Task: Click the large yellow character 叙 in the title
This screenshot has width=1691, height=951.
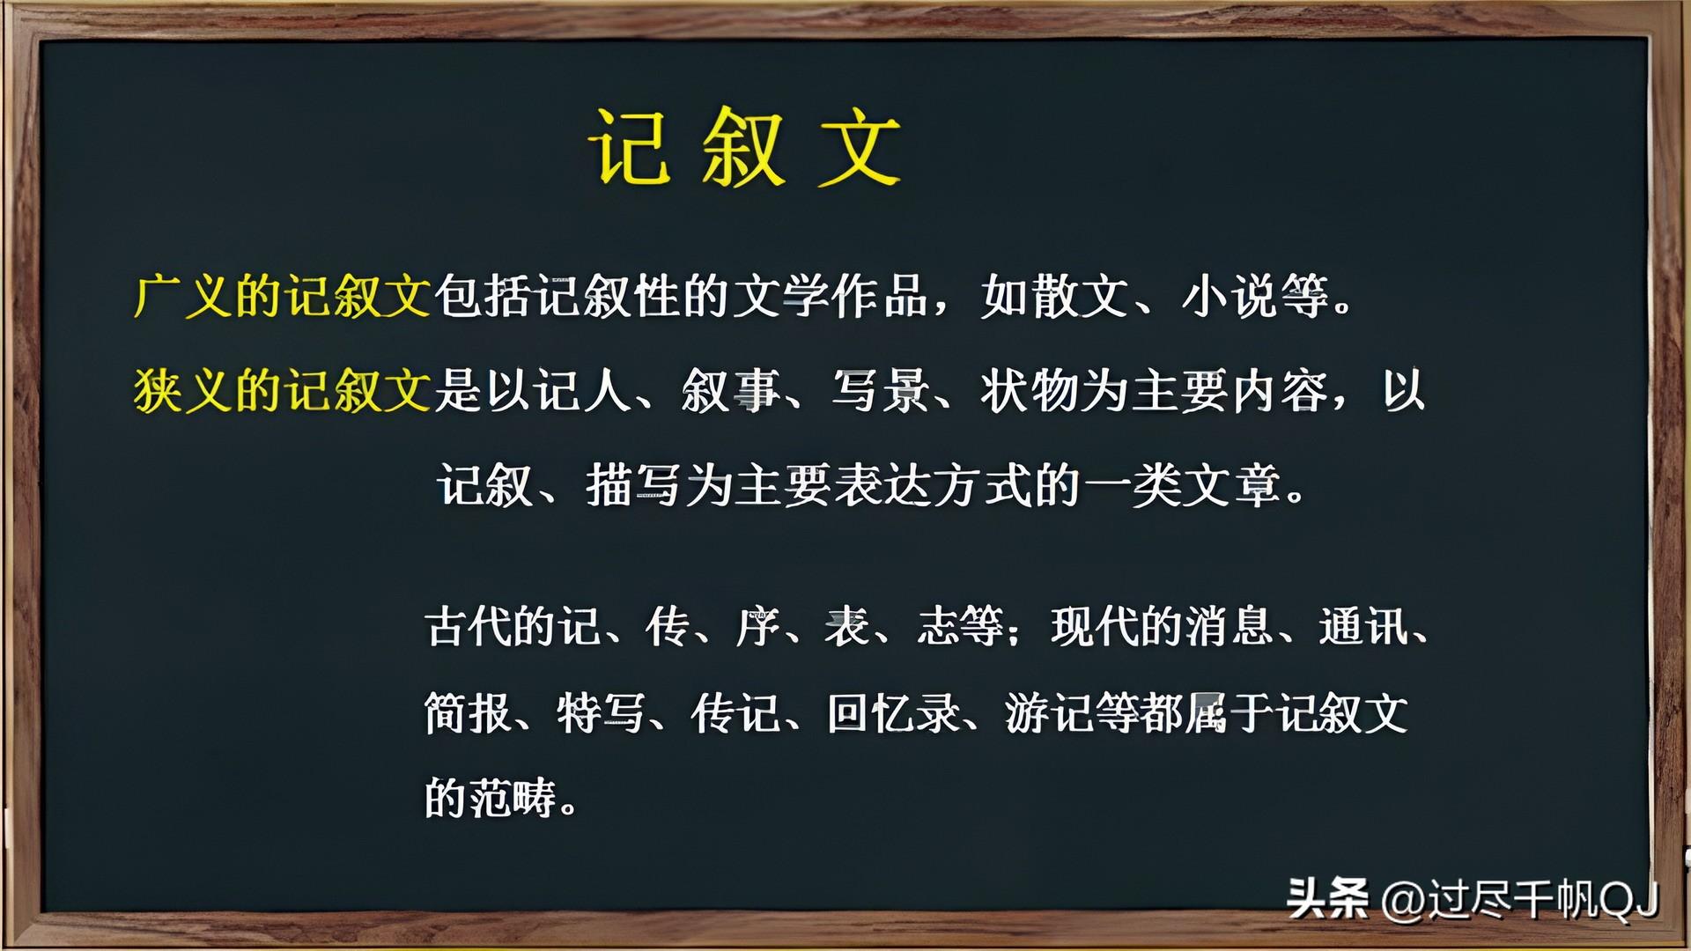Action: click(x=742, y=147)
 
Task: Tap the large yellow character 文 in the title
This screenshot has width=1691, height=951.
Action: click(x=859, y=147)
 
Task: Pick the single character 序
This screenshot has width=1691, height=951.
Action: click(x=757, y=627)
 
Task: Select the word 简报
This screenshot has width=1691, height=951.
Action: click(x=468, y=712)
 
